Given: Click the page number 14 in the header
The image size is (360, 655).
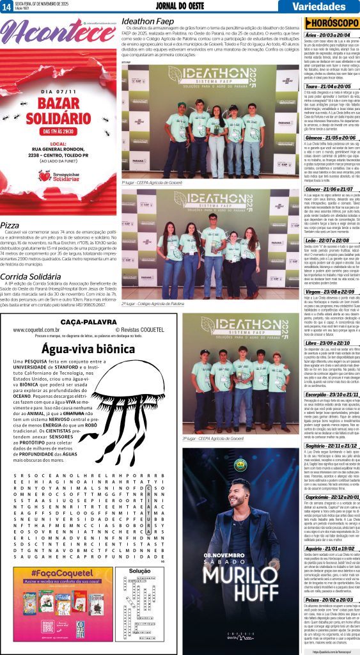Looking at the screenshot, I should (x=6, y=6).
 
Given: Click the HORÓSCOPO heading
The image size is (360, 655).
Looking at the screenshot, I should (x=333, y=22).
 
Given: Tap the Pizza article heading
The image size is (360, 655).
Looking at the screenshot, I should (x=10, y=226).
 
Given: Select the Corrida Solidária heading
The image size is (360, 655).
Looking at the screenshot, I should (x=31, y=276).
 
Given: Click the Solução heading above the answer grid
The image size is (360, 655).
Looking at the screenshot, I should (x=139, y=570).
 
